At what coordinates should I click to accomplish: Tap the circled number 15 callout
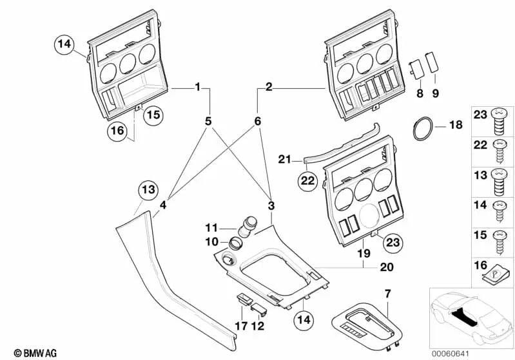tap(153, 115)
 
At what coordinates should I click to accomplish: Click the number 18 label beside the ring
tap(455, 125)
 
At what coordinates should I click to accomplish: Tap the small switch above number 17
tap(244, 299)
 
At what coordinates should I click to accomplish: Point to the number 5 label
tap(208, 120)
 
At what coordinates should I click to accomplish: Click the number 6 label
tap(258, 120)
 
